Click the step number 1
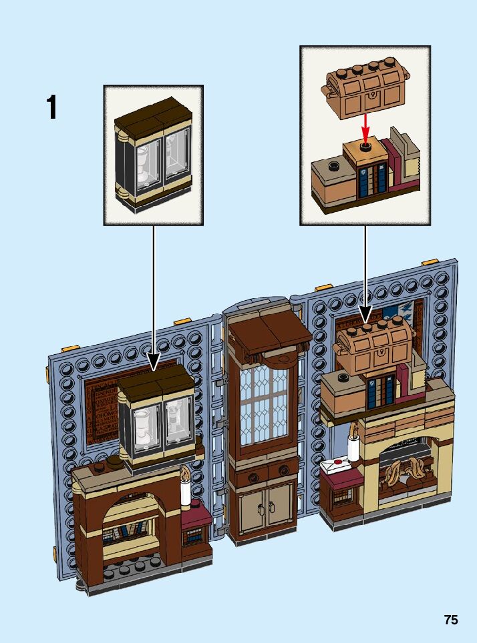point(51,108)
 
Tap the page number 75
point(451,620)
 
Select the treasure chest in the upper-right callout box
point(365,90)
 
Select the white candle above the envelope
point(352,442)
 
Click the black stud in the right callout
point(365,145)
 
